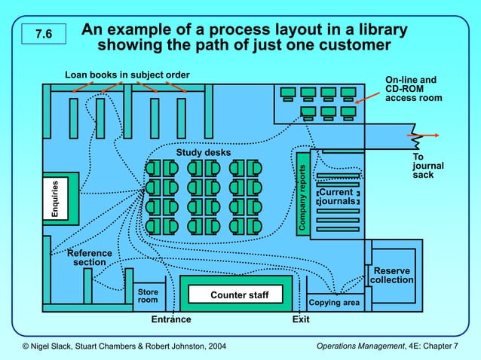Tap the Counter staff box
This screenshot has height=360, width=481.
239,294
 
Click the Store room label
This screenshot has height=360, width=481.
148,296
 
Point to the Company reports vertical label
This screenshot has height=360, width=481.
302,198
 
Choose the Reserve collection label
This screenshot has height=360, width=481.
392,276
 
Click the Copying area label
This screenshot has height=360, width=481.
334,304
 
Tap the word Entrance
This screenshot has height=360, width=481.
171,319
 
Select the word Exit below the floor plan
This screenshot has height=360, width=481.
301,319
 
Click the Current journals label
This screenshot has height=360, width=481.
336,197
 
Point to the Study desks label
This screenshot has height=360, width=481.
204,153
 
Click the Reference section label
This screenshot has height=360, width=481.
90,258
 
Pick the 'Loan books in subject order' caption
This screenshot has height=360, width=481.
127,75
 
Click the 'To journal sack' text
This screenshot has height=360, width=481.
427,166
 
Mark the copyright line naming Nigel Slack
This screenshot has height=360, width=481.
124,346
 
